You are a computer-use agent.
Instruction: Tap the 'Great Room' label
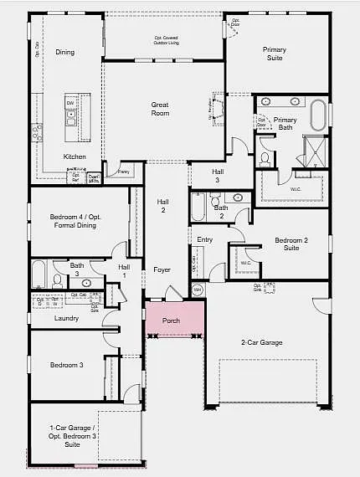pyautogui.click(x=160, y=110)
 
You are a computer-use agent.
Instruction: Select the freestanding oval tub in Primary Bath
pyautogui.click(x=319, y=114)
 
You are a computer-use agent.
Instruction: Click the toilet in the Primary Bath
pyautogui.click(x=265, y=157)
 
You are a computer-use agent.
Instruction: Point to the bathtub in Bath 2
pyautogui.click(x=198, y=208)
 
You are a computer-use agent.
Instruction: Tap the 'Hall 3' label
pyautogui.click(x=217, y=176)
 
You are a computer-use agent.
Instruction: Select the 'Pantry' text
pyautogui.click(x=123, y=172)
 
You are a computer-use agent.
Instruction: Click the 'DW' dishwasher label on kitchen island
pyautogui.click(x=71, y=103)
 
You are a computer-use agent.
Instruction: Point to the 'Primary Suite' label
pyautogui.click(x=274, y=54)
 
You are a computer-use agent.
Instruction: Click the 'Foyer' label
pyautogui.click(x=162, y=269)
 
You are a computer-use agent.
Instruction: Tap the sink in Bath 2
pyautogui.click(x=238, y=198)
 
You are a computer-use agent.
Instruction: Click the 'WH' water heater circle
pyautogui.click(x=198, y=290)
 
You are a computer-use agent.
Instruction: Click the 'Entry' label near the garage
pyautogui.click(x=205, y=239)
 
